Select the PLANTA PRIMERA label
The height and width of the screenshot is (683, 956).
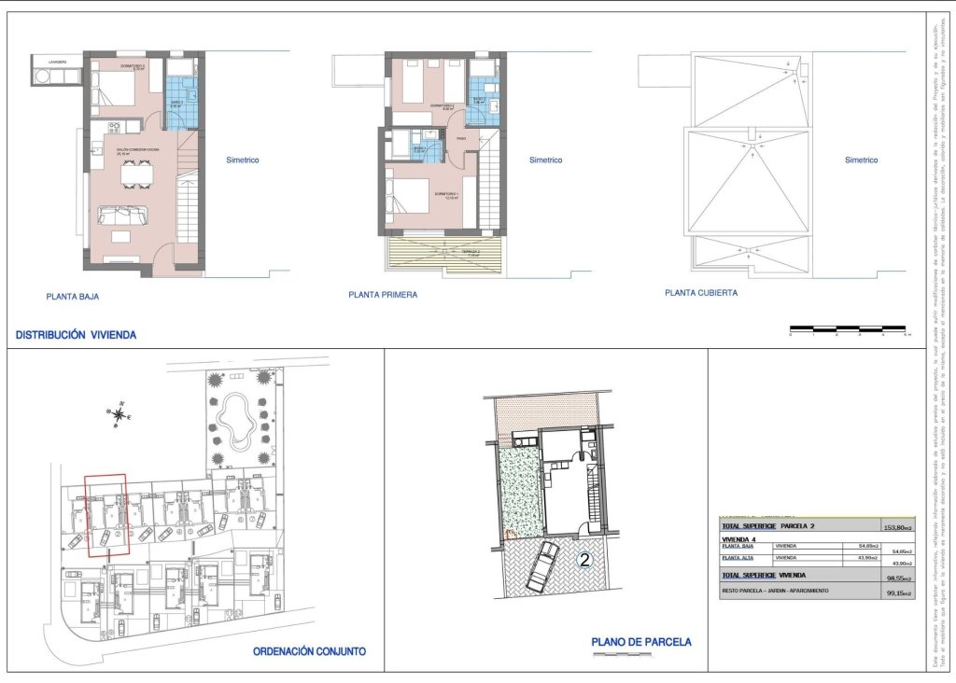pyautogui.click(x=383, y=295)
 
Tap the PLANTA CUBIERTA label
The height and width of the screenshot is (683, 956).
pyautogui.click(x=701, y=292)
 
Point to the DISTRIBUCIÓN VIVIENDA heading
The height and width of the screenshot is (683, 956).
pyautogui.click(x=76, y=334)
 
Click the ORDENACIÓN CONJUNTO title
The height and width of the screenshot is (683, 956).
pyautogui.click(x=309, y=651)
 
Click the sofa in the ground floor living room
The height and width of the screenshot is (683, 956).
pyautogui.click(x=122, y=216)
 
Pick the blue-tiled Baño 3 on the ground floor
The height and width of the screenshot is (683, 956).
pyautogui.click(x=181, y=102)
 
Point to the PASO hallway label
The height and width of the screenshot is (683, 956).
pyautogui.click(x=461, y=139)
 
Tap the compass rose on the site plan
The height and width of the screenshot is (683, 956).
pyautogui.click(x=119, y=411)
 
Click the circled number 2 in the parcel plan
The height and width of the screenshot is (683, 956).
pyautogui.click(x=585, y=561)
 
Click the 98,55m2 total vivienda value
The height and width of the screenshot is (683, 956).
pyautogui.click(x=898, y=578)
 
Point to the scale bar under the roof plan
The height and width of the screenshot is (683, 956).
pyautogui.click(x=847, y=328)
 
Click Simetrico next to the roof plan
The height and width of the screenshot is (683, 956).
pyautogui.click(x=861, y=160)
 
